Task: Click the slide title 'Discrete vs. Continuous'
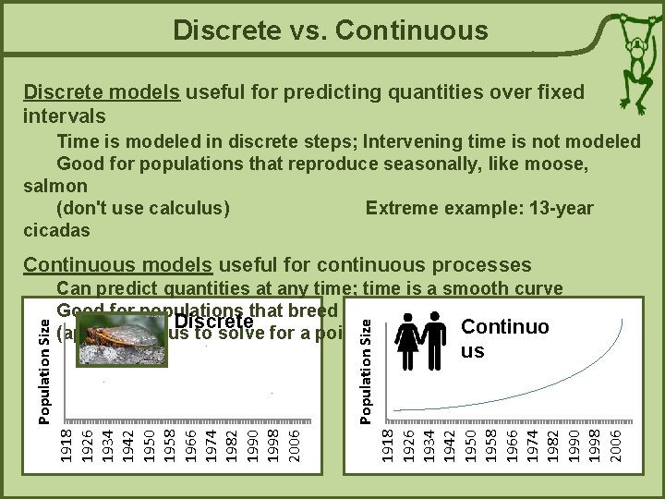(331, 30)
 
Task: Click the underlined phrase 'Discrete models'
(103, 92)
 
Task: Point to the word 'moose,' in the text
(555, 163)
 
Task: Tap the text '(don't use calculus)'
(143, 208)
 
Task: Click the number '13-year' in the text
(560, 208)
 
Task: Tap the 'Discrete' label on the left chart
(213, 322)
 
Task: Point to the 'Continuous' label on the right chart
(504, 338)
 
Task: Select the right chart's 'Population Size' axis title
(367, 367)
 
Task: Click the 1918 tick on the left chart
(66, 444)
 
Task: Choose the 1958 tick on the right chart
(490, 444)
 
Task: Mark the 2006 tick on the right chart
(615, 444)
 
